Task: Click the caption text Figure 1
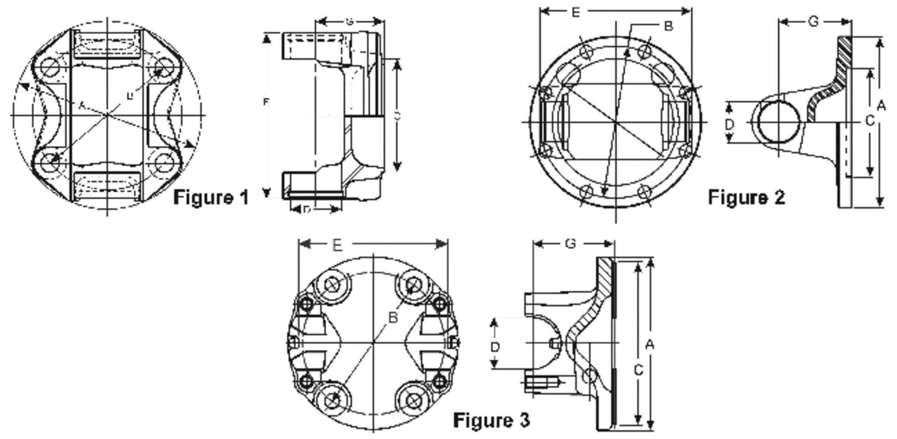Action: point(210,198)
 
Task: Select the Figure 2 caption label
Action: point(746,197)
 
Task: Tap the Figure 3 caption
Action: point(491,420)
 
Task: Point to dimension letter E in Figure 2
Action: point(575,12)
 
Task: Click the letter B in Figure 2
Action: point(668,26)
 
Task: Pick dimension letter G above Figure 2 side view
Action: point(813,22)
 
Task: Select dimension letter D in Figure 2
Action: point(730,124)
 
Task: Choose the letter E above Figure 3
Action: point(336,245)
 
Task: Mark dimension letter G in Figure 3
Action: point(570,244)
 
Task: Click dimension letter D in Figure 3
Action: point(495,347)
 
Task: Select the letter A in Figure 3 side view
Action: point(650,343)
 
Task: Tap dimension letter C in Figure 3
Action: point(637,370)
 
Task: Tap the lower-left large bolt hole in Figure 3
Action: point(333,400)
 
